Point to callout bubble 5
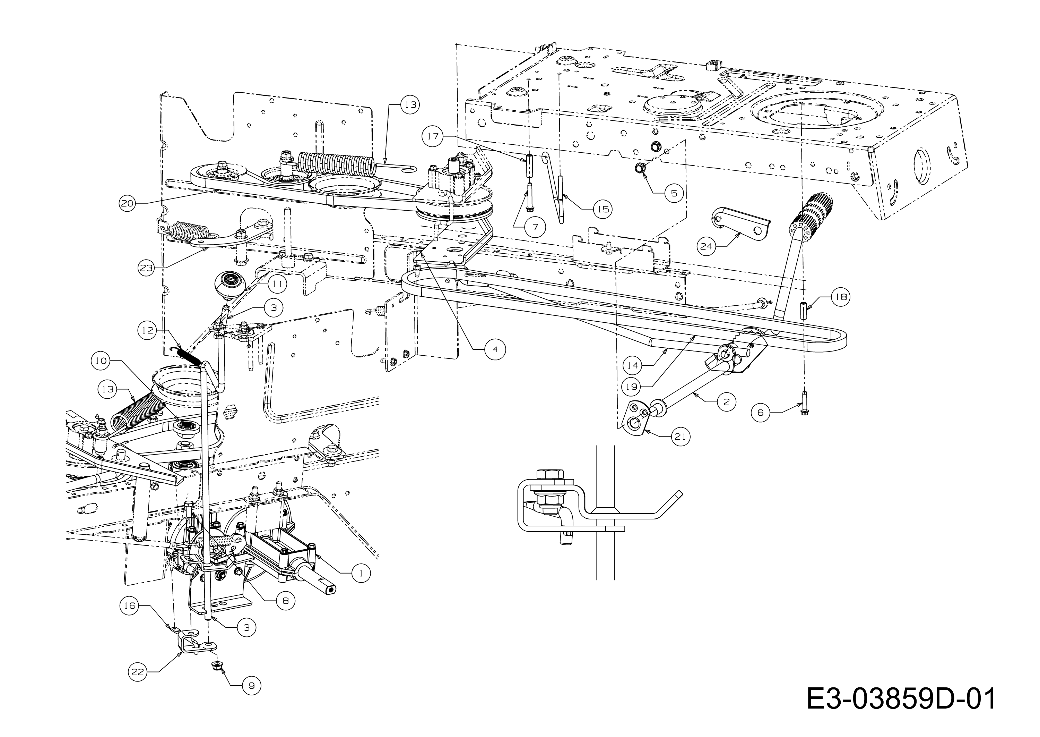click(x=674, y=193)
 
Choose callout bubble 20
click(x=127, y=203)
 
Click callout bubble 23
click(x=146, y=268)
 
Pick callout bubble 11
click(x=277, y=284)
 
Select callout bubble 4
click(x=495, y=349)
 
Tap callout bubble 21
click(x=681, y=437)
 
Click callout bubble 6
click(x=760, y=413)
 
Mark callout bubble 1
click(x=361, y=573)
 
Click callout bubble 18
click(x=841, y=297)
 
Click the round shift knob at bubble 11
click(x=229, y=285)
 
